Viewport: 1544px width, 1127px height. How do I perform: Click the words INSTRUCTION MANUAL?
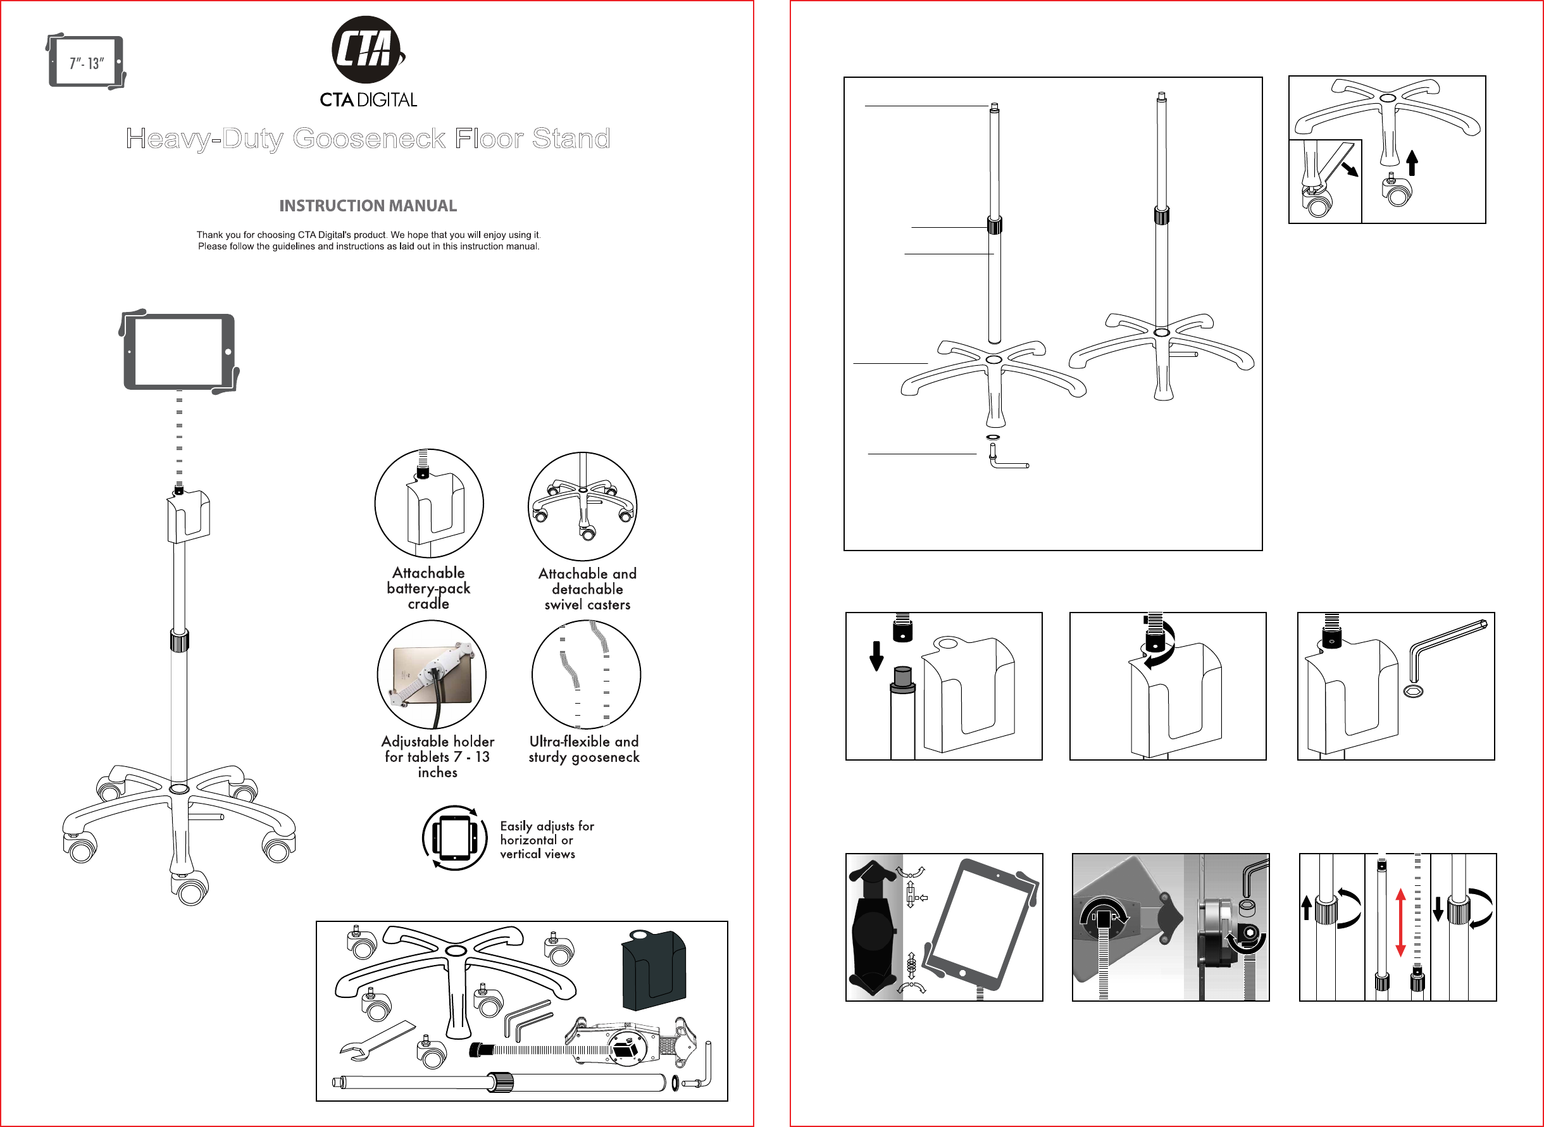point(368,206)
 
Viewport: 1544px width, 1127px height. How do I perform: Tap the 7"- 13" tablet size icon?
point(86,62)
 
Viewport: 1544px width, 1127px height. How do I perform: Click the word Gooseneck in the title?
point(368,139)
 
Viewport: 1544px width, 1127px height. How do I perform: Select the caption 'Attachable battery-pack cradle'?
point(428,588)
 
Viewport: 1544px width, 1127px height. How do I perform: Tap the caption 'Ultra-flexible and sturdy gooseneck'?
point(584,749)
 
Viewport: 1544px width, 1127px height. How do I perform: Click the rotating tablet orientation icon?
point(454,838)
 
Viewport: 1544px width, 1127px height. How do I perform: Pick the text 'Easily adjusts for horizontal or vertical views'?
point(547,840)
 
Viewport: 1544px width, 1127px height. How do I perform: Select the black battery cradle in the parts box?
point(653,969)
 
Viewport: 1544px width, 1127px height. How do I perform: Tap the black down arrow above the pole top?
point(877,656)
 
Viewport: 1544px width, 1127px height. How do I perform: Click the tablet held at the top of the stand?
point(178,352)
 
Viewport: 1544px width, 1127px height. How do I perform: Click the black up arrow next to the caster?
point(1412,163)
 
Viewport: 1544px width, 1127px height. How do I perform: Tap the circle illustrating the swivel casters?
point(582,506)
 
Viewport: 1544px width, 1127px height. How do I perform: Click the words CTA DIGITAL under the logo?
point(368,100)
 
